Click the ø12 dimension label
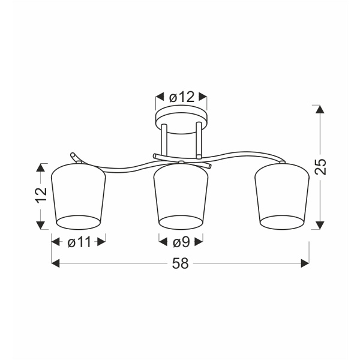pos(182,97)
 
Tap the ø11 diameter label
pos(79,242)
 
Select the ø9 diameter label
pos(181,242)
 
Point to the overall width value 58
pos(180,263)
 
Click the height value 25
pos(320,167)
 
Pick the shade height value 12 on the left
pos(41,194)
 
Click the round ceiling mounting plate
pos(181,119)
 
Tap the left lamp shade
pos(79,197)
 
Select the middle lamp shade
pos(181,197)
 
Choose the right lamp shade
pos(282,197)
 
